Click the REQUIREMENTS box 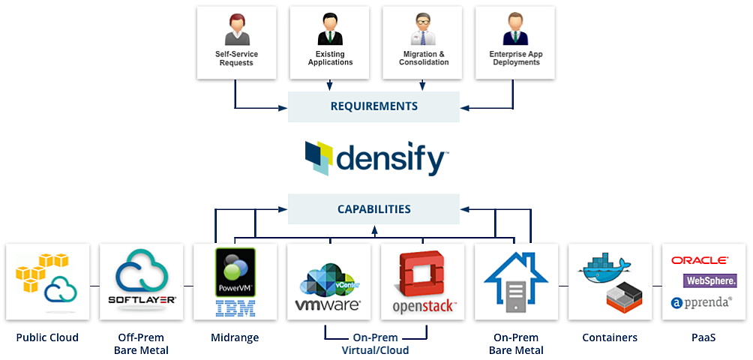coord(373,106)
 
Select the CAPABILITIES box coord(373,208)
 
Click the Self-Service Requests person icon coord(236,30)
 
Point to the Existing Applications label coord(330,58)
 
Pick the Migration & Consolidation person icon coord(423,30)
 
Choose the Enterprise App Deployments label coord(516,58)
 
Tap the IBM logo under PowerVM coord(235,307)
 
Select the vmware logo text coord(328,304)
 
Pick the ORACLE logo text coord(700,260)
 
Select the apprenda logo coord(702,302)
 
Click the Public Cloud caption coord(47,338)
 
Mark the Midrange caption coord(235,338)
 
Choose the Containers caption coord(610,338)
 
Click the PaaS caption coord(703,338)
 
